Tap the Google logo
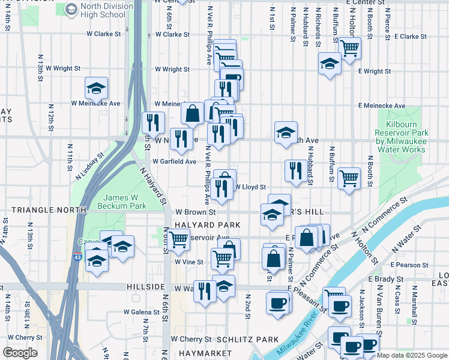(x=20, y=352)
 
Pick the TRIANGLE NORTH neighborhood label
(x=43, y=211)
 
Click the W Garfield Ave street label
(x=174, y=161)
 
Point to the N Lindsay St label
(x=89, y=166)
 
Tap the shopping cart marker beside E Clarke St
(x=349, y=47)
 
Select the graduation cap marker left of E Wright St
(x=329, y=64)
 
